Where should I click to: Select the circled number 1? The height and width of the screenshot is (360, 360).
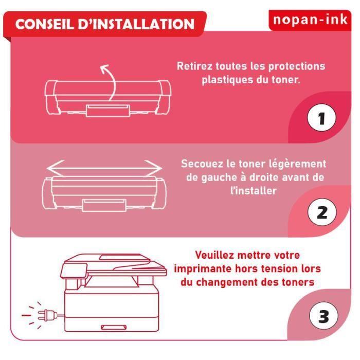(x=321, y=118)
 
